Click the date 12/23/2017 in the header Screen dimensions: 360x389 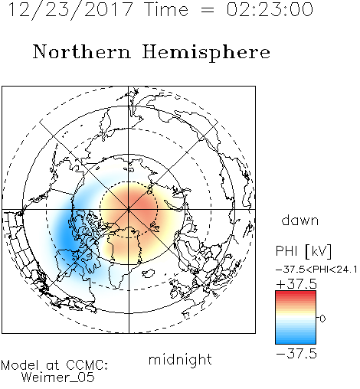(70, 10)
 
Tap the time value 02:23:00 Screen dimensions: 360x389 (270, 10)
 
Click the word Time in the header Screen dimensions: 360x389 (166, 10)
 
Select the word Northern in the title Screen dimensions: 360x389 (82, 52)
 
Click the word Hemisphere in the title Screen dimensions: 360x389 (206, 52)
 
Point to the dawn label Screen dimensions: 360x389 (299, 220)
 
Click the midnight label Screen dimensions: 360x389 (180, 359)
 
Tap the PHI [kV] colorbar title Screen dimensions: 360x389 (303, 251)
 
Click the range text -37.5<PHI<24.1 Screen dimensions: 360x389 (316, 270)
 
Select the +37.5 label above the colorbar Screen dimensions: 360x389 (296, 284)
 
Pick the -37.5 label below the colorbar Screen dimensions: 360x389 (296, 354)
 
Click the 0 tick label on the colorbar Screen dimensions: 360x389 (322, 319)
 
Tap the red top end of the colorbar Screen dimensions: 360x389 (296, 293)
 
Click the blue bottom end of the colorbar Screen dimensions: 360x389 (296, 342)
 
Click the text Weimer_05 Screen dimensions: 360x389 (58, 378)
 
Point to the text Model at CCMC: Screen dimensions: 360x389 (54, 365)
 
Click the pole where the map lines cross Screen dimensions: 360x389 (129, 209)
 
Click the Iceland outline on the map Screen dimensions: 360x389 (149, 273)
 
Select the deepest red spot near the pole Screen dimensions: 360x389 (140, 203)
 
